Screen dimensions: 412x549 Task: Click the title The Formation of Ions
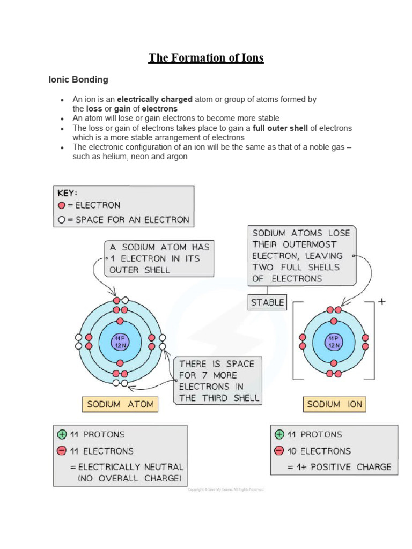[206, 58]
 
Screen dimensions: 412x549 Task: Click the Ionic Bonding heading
[78, 80]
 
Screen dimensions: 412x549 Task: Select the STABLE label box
[267, 302]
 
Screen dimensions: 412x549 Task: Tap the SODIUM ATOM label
[120, 404]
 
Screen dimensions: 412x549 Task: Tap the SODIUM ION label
[335, 404]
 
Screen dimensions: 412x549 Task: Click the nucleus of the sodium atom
[120, 342]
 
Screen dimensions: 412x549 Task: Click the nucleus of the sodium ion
[334, 342]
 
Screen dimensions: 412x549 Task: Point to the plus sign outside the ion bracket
[381, 302]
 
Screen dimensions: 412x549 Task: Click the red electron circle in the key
[62, 205]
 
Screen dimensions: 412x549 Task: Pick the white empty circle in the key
[62, 219]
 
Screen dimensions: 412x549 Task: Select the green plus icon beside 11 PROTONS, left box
[62, 435]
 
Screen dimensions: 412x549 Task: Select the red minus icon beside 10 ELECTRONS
[279, 451]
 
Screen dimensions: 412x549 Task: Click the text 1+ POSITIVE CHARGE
[340, 467]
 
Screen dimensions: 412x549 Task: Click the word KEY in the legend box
[68, 192]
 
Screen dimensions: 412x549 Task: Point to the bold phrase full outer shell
[278, 128]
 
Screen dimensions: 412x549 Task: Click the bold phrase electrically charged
[147, 99]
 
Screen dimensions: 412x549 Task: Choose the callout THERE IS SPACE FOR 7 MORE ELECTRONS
[218, 381]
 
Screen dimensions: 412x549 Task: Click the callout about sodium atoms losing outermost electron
[301, 256]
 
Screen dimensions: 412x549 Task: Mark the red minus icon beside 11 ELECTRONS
[62, 451]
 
